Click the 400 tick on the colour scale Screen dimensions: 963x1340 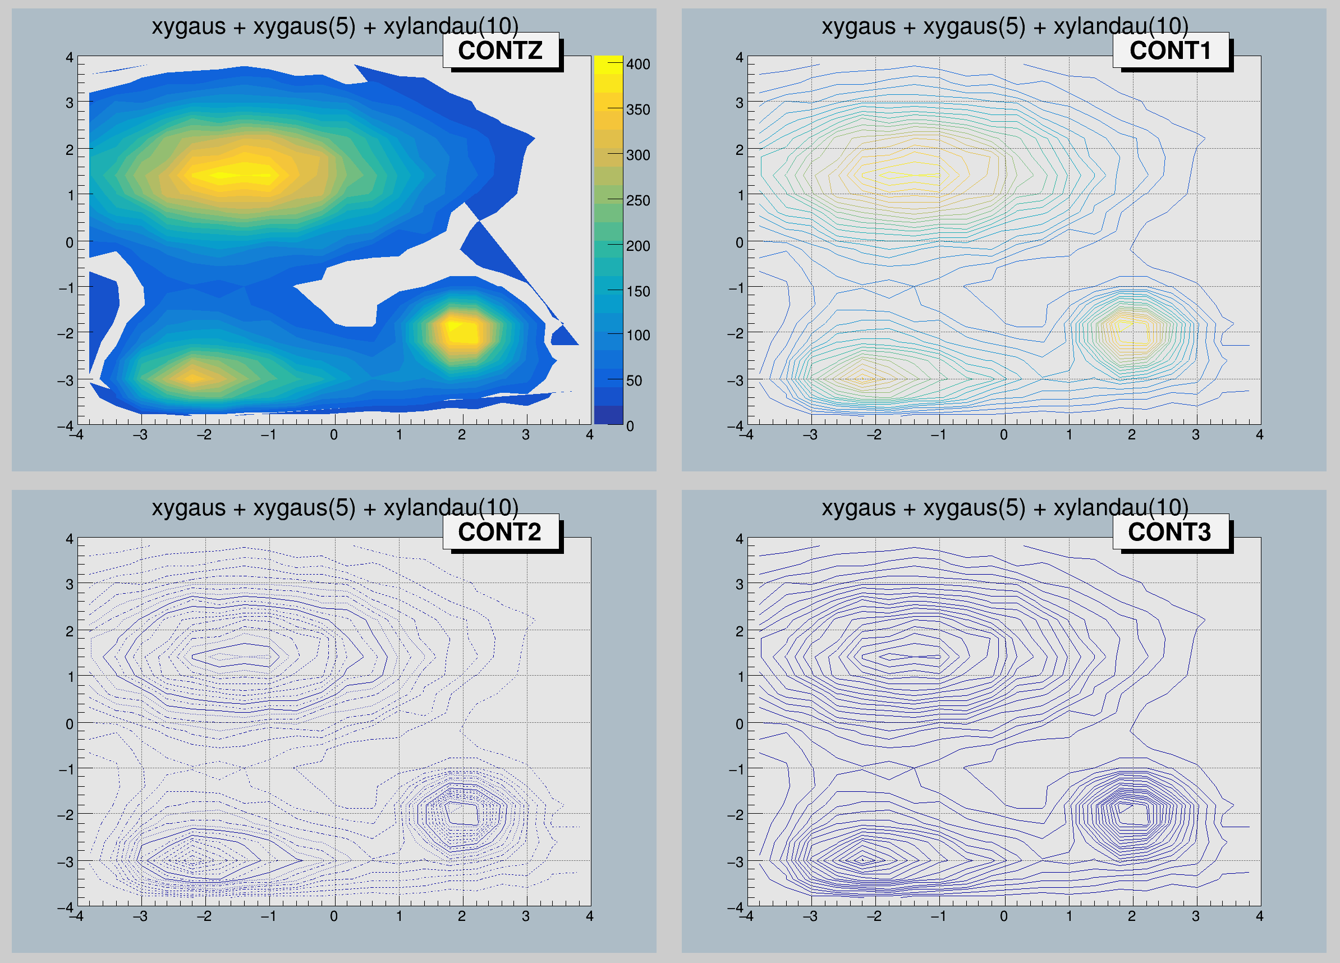pyautogui.click(x=637, y=64)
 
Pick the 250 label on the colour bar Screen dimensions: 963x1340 pyautogui.click(x=637, y=201)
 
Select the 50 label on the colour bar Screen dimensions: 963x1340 pyautogui.click(x=634, y=380)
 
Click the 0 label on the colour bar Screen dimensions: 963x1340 pyautogui.click(x=630, y=426)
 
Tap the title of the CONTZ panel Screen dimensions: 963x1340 pyautogui.click(x=334, y=26)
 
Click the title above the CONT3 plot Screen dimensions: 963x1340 pyautogui.click(x=1004, y=508)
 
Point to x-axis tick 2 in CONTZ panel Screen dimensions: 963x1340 pyautogui.click(x=461, y=435)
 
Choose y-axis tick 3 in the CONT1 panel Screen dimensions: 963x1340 pyautogui.click(x=739, y=103)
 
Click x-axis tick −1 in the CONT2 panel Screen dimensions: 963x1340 pyautogui.click(x=269, y=916)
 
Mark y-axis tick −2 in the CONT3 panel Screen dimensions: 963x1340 pyautogui.click(x=736, y=815)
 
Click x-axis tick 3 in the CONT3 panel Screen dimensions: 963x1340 pyautogui.click(x=1195, y=916)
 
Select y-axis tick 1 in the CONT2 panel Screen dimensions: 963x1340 pyautogui.click(x=70, y=676)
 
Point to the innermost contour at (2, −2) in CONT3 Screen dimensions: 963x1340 pyautogui.click(x=1131, y=813)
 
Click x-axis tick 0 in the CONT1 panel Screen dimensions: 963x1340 pyautogui.click(x=1004, y=435)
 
